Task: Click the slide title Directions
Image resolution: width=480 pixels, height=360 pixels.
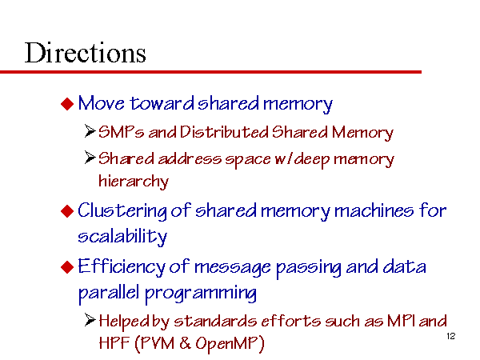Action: (85, 53)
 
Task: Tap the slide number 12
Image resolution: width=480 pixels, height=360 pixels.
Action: (451, 336)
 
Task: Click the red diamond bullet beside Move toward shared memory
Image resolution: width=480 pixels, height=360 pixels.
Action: (67, 104)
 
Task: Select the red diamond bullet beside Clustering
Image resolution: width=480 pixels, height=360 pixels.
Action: (67, 211)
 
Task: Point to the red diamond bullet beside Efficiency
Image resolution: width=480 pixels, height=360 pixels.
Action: (67, 267)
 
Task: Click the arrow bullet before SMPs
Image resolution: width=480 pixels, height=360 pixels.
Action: (90, 131)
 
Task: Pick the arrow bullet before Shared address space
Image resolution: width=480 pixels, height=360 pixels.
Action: (90, 158)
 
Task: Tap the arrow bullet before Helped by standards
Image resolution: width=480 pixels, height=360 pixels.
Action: (90, 320)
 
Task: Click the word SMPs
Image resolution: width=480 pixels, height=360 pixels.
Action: (122, 132)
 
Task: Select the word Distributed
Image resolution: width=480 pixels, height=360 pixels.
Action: (224, 132)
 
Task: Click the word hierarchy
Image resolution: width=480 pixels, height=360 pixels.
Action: (134, 182)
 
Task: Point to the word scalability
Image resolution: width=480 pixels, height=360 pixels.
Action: (122, 236)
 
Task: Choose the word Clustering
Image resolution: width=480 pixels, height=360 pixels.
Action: (122, 211)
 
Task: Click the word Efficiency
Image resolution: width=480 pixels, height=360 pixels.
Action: (122, 267)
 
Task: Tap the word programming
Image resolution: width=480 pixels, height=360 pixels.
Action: (201, 294)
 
